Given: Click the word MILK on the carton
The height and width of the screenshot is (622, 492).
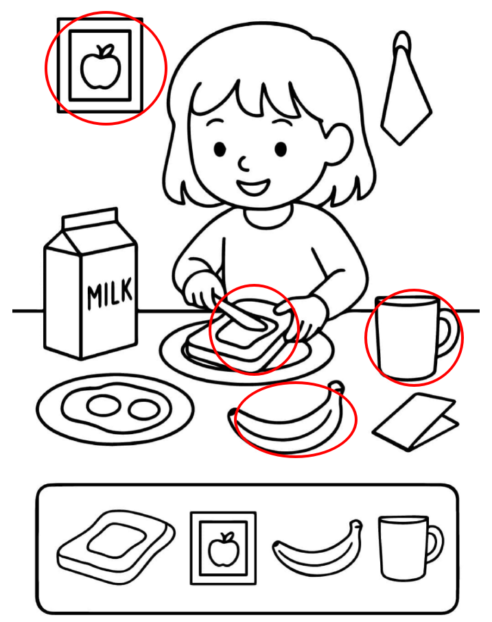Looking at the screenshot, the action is coord(110,294).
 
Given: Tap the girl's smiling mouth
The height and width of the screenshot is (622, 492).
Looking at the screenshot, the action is coord(253,187).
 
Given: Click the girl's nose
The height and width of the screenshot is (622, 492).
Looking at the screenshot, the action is coord(243,163).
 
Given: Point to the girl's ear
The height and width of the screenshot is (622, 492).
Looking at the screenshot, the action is coord(339,143).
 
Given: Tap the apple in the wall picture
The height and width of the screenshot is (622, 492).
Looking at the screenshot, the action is coord(100,67).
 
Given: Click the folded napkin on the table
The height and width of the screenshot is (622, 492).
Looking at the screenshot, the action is coord(415,422).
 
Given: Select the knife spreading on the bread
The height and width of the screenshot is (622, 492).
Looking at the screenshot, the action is coord(238,316).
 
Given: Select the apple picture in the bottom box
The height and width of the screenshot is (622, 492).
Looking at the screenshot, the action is coord(224,548).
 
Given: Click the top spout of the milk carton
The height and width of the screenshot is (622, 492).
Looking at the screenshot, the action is coord(90,219).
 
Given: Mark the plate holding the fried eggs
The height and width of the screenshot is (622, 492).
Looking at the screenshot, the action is coord(115,409).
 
